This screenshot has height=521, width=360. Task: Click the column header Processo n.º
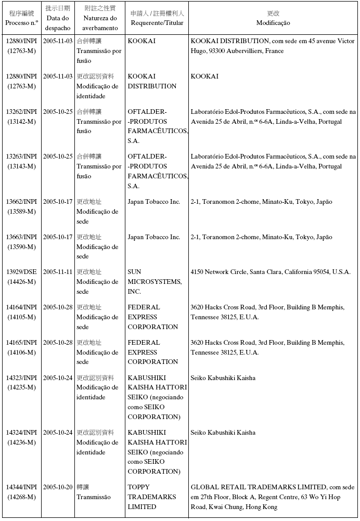pyautogui.click(x=21, y=23)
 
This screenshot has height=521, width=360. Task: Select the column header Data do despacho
pyautogui.click(x=57, y=23)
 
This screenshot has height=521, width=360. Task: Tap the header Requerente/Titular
pyautogui.click(x=157, y=23)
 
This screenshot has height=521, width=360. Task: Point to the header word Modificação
pyautogui.click(x=273, y=23)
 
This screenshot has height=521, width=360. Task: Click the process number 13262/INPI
pyautogui.click(x=21, y=112)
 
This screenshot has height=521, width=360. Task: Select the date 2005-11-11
pyautogui.click(x=58, y=272)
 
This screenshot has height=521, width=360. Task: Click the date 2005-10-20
pyautogui.click(x=58, y=487)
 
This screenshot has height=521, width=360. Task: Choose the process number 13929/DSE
pyautogui.click(x=21, y=272)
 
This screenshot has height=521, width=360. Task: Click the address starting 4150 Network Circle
pyautogui.click(x=271, y=272)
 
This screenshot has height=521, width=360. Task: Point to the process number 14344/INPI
pyautogui.click(x=21, y=487)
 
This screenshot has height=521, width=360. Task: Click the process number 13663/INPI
pyautogui.click(x=21, y=237)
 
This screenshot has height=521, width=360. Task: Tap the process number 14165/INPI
pyautogui.click(x=21, y=343)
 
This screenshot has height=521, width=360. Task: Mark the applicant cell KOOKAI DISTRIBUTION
pyautogui.click(x=152, y=81)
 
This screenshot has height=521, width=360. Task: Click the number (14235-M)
pyautogui.click(x=21, y=387)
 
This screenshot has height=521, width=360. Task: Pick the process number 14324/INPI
pyautogui.click(x=21, y=433)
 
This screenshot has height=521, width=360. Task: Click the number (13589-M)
pyautogui.click(x=21, y=212)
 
